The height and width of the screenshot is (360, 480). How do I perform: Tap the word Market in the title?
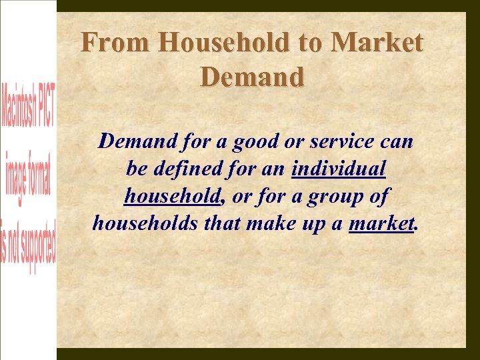point(377,43)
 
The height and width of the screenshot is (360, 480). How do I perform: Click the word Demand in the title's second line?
point(252,77)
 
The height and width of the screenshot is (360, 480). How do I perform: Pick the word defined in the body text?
point(186,169)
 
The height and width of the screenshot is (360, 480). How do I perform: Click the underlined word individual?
point(339,169)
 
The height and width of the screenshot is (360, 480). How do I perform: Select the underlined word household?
point(172,197)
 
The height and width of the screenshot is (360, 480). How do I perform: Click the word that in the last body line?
point(222,224)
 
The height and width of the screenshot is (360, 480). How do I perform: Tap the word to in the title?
point(310,43)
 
